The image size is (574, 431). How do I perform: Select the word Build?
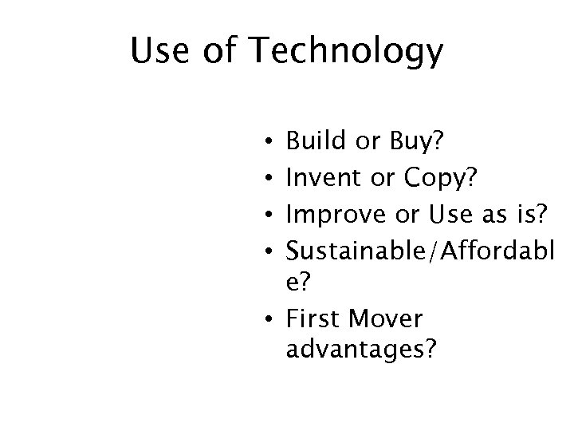[315, 143]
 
